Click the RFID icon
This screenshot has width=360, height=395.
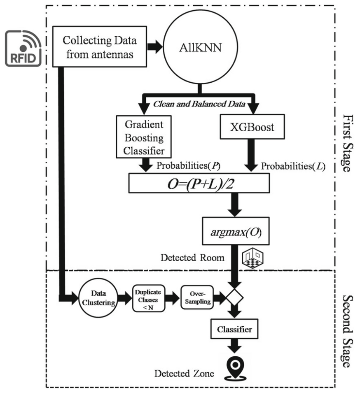click(23, 49)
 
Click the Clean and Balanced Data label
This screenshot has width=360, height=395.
click(199, 104)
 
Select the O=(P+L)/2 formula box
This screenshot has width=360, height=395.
click(199, 182)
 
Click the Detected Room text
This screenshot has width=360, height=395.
click(192, 258)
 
